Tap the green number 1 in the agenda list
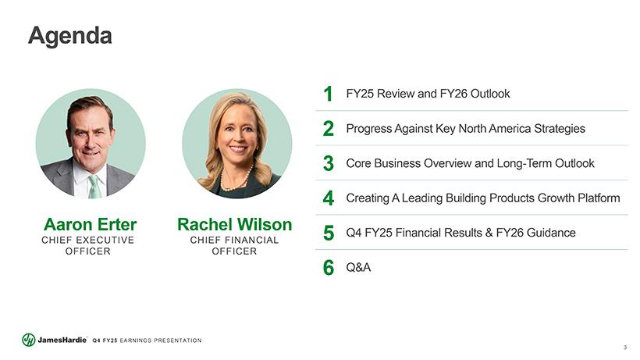point(328,94)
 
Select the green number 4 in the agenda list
point(328,198)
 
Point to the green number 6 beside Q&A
point(329,268)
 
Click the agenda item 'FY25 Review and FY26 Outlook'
point(428,94)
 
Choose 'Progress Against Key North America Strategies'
point(465,129)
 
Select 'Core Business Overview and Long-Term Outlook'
point(470,164)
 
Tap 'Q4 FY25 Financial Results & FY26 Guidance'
point(460,233)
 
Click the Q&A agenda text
point(358,268)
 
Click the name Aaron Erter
point(91,224)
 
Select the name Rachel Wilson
point(235,224)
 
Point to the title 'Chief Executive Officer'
point(87,246)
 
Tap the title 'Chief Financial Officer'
point(234,246)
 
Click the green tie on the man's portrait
point(94,187)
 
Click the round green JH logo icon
point(29,340)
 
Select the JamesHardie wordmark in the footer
point(62,340)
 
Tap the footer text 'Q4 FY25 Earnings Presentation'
point(147,340)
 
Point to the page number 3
point(625,348)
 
